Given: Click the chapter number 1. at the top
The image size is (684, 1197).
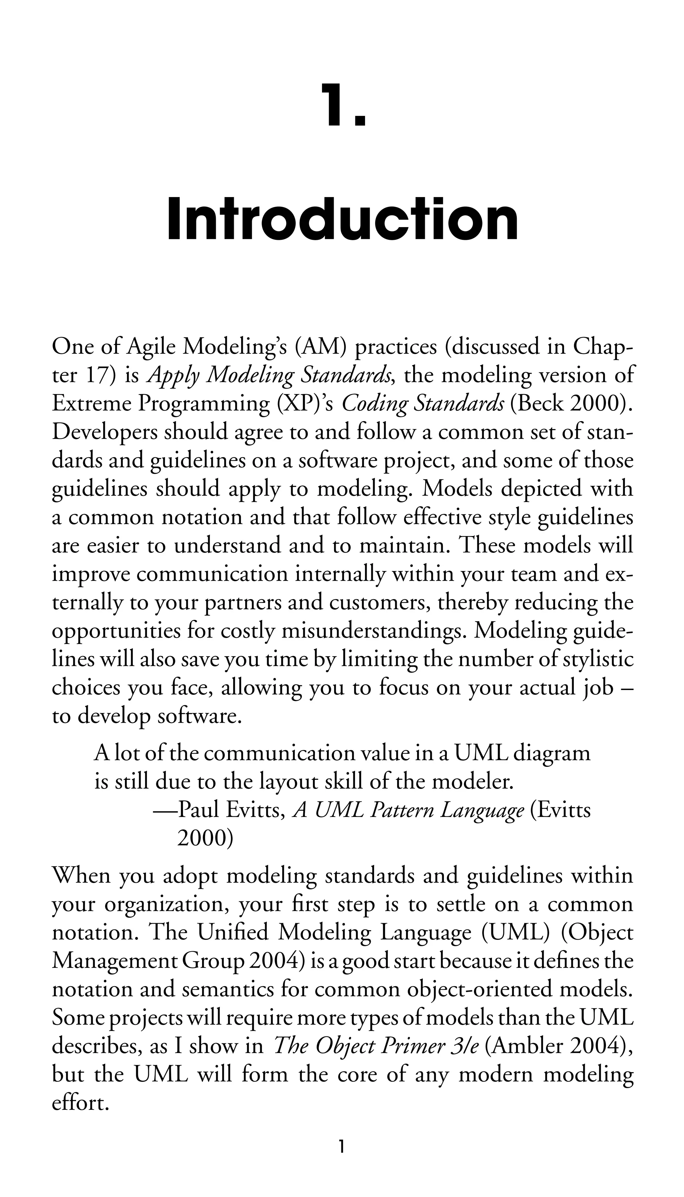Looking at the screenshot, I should pyautogui.click(x=342, y=105).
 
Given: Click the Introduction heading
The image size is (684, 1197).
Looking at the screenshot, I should pyautogui.click(x=342, y=220).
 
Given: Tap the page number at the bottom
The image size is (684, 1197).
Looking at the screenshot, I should pyautogui.click(x=342, y=1157).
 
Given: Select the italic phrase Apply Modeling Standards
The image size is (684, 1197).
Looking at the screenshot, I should pyautogui.click(x=270, y=376).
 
